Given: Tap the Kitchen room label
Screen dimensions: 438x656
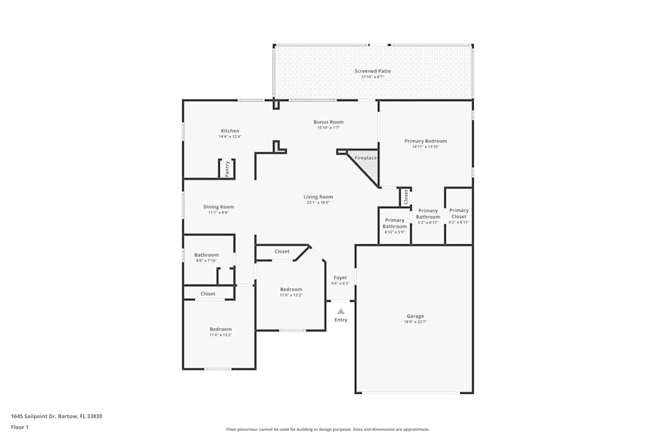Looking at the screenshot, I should tap(230, 131).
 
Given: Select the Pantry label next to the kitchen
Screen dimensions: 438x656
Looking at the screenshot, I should tap(227, 169).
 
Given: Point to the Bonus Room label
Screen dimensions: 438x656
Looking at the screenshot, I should tap(329, 122).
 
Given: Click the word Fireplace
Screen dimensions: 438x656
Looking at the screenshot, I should tap(365, 158).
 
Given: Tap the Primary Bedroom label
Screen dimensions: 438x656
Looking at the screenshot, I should tap(425, 141).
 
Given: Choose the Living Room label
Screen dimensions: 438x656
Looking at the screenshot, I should tap(318, 197).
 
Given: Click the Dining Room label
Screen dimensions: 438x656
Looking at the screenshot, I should tap(218, 207).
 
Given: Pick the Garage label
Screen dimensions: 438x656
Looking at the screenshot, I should tap(415, 317).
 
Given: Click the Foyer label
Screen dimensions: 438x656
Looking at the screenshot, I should tap(340, 278).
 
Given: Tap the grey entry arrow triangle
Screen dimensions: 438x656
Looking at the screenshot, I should tap(340, 311).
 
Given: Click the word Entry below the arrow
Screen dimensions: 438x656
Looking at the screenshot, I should tap(340, 320).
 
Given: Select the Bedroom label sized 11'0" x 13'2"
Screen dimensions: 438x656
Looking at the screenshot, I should tap(291, 290).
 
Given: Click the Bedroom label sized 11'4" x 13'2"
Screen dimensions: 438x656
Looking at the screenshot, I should tap(220, 330).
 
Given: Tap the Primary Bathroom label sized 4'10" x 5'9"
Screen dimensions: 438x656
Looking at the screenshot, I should tap(395, 223).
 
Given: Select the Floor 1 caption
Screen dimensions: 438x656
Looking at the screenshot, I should tap(20, 427).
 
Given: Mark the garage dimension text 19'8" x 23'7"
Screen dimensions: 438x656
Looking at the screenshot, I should tap(415, 322).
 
